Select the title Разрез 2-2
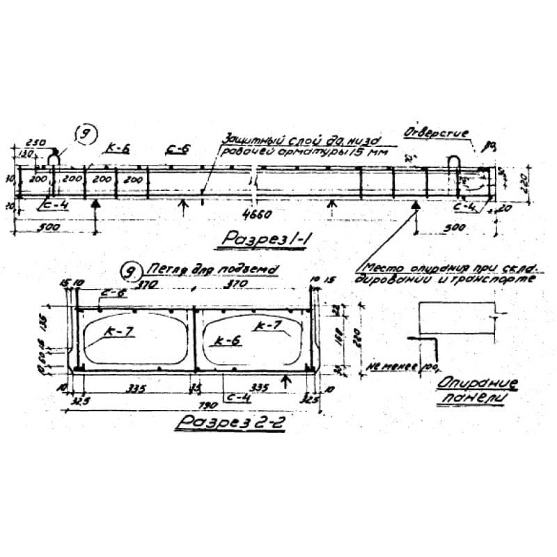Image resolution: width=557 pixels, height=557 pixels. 230,423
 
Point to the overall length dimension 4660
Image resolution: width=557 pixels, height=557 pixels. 257,213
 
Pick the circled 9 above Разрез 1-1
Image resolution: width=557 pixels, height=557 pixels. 86,135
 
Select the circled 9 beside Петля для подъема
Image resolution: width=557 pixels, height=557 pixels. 128,271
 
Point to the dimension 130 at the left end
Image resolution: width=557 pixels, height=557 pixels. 27,153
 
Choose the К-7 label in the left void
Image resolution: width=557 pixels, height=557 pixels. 119,334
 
